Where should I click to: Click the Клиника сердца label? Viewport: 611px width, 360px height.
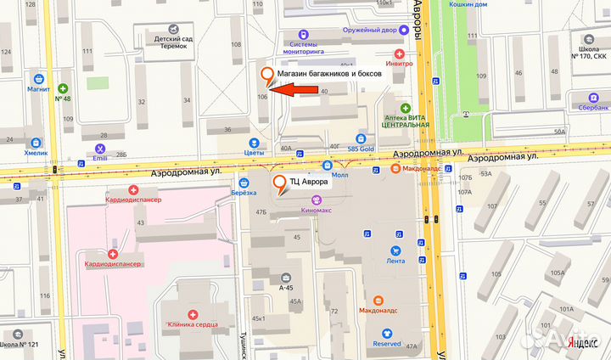pos(193,324)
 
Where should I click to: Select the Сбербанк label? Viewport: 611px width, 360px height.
pos(589,109)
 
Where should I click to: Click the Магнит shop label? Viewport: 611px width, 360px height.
pos(39,88)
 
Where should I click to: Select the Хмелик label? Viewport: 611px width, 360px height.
pos(36,155)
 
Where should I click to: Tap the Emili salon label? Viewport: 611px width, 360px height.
pos(101,158)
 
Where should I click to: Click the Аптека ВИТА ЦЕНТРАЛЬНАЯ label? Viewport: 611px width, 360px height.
pos(405,120)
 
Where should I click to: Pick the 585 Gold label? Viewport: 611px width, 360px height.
pos(360,149)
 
